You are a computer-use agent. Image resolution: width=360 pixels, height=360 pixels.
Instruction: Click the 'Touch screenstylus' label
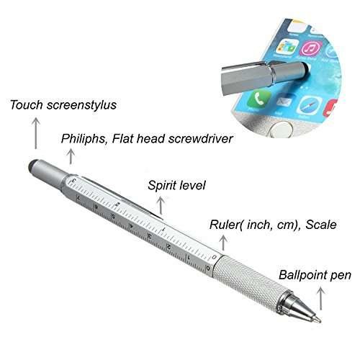tap(63, 105)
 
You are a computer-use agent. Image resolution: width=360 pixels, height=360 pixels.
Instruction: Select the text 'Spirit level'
tap(176, 186)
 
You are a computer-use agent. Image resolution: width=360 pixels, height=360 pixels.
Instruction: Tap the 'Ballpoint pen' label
tap(315, 275)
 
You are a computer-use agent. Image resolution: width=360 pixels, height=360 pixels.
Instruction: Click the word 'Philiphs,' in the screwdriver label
tap(84, 139)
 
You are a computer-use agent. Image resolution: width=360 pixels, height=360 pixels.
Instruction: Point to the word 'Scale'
tap(321, 225)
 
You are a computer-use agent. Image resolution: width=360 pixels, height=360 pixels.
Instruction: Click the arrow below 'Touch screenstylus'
tap(36, 133)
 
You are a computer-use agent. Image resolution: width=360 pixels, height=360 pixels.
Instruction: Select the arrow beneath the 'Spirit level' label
tap(161, 206)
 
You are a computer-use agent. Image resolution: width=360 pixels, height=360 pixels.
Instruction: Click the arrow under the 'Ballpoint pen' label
tap(321, 299)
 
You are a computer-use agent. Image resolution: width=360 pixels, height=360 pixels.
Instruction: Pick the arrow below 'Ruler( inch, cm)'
tap(223, 243)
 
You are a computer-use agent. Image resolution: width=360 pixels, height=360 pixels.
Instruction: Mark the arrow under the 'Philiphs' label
tap(71, 156)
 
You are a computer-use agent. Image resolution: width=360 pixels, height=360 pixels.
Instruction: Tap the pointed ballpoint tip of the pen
tap(318, 319)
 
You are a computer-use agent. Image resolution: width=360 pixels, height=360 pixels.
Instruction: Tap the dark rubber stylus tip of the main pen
tap(32, 165)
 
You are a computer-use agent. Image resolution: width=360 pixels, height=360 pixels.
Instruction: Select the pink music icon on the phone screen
tap(312, 49)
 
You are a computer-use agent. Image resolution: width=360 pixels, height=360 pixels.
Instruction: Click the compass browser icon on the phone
tap(309, 105)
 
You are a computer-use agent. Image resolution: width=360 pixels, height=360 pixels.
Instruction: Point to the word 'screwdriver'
tap(200, 139)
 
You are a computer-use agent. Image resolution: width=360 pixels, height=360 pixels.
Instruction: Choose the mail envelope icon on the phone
tap(284, 102)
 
